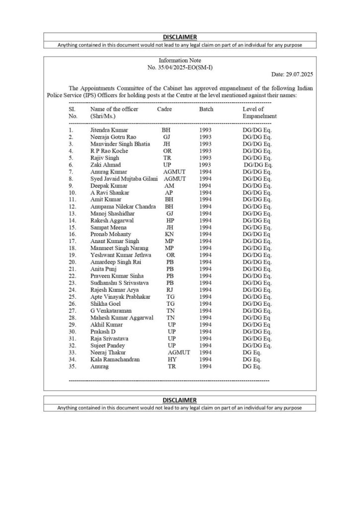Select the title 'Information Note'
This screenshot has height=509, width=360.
tap(180, 60)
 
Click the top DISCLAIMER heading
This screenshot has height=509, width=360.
tap(180, 37)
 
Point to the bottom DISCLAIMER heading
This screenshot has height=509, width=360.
tap(180, 400)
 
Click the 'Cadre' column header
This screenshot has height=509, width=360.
tap(165, 109)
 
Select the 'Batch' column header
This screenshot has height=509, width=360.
tap(206, 109)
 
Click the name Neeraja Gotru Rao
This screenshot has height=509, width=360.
tap(113, 137)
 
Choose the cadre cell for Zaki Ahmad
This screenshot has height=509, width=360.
tap(167, 165)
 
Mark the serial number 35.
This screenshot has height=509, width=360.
tap(72, 366)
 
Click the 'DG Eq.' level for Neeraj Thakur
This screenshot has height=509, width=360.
tap(252, 352)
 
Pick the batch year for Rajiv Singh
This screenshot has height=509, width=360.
tap(205, 158)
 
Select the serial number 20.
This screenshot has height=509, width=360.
tap(72, 262)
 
